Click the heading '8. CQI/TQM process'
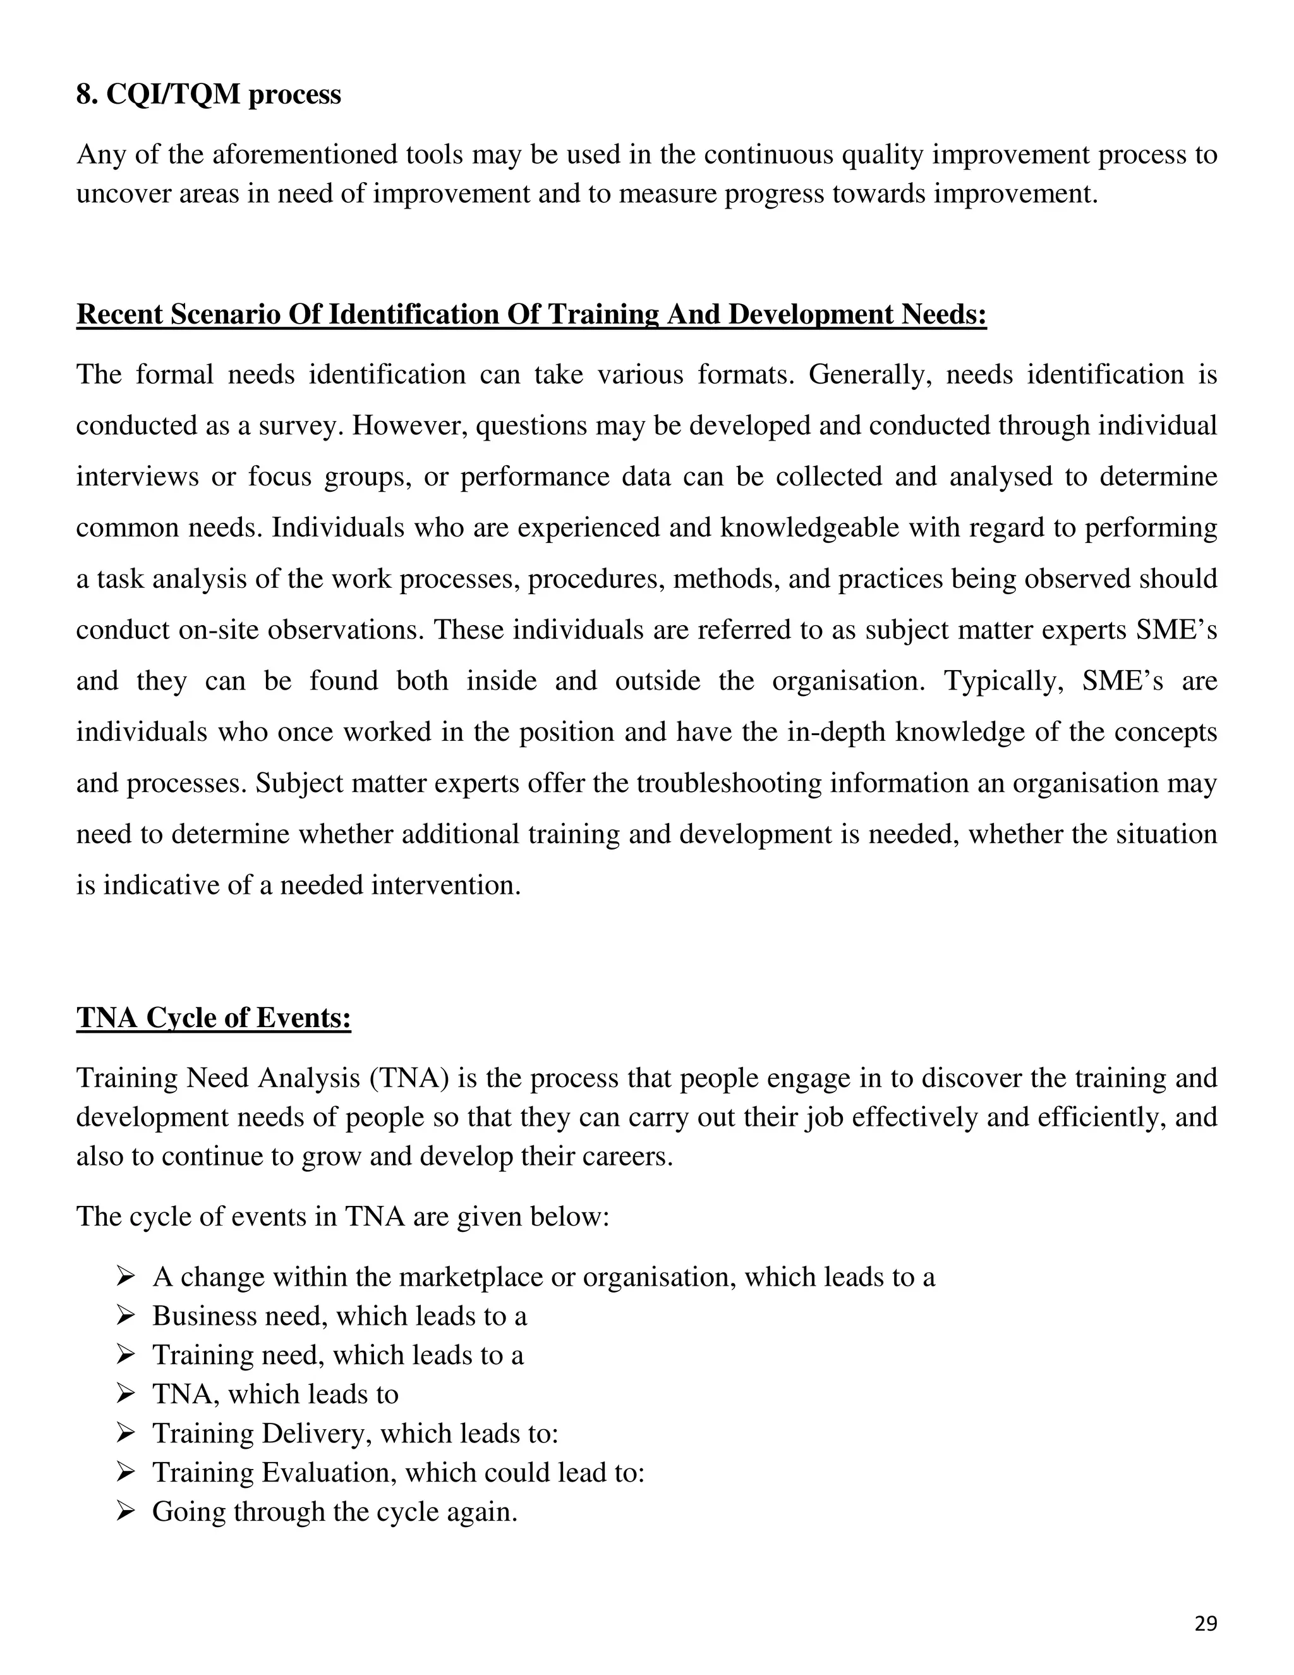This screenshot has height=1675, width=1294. click(209, 94)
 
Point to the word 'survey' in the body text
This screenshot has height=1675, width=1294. click(299, 425)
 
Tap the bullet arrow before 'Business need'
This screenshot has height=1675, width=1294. click(126, 1315)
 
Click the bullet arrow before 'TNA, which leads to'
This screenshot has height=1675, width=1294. click(126, 1394)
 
